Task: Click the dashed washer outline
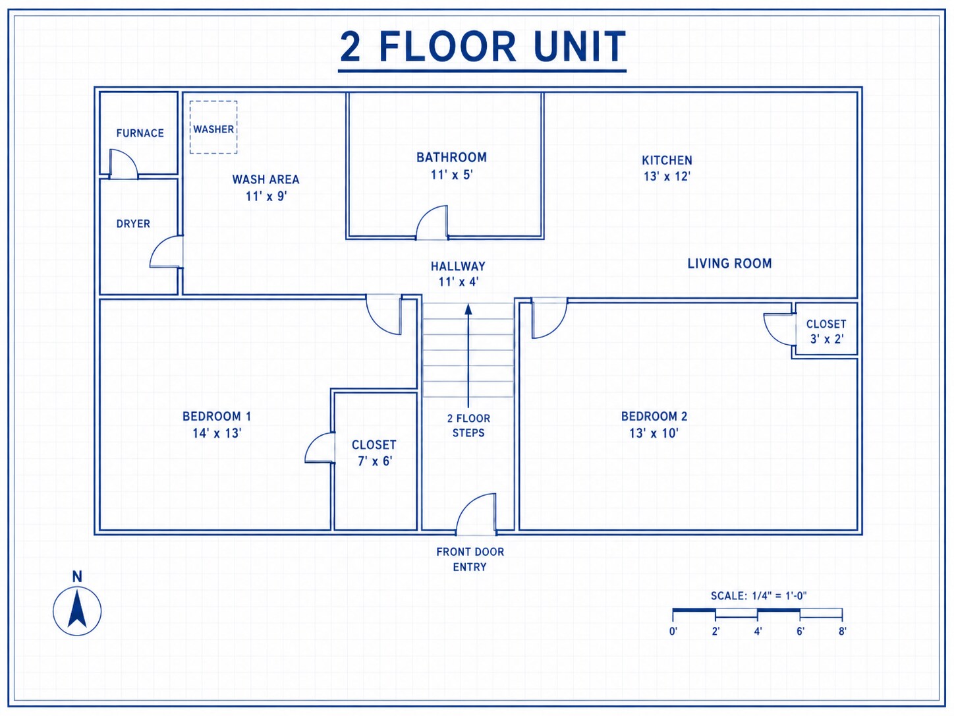coord(190,127)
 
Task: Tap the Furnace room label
coord(140,133)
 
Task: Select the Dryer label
coord(133,224)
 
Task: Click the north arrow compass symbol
coord(77,611)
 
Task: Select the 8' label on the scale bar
coord(842,632)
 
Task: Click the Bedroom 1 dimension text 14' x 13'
coord(217,433)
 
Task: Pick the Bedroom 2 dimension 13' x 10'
coord(654,433)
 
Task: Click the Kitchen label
coord(667,160)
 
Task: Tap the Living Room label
coord(729,264)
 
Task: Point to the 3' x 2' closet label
coord(827,339)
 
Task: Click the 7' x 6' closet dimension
coord(375,461)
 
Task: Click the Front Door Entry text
coord(470,559)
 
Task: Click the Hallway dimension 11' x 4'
coord(458,282)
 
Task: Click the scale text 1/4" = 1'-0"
coord(779,595)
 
